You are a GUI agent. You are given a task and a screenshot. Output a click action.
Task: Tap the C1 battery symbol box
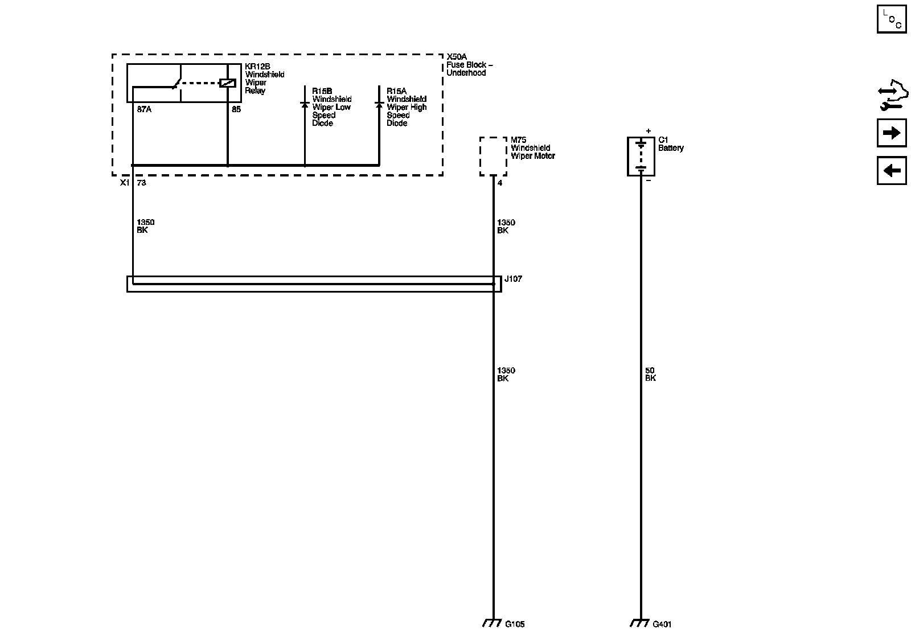point(641,156)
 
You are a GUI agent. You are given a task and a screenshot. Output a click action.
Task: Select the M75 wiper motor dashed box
point(493,156)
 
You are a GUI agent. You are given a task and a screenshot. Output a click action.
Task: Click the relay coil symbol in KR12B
point(228,83)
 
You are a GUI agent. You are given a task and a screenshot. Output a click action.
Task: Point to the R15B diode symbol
point(305,105)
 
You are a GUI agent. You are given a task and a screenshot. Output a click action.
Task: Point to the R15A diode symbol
point(379,105)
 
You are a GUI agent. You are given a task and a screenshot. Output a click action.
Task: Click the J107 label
point(513,279)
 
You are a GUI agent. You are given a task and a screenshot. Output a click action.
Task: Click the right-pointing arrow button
point(891,133)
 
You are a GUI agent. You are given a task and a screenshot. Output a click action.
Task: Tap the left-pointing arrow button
point(891,170)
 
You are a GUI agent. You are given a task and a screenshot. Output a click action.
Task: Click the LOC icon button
point(891,19)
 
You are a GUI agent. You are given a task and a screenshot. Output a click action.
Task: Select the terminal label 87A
point(144,109)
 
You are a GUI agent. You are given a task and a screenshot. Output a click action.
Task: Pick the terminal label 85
point(236,109)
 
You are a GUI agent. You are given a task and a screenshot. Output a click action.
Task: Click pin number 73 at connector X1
point(142,183)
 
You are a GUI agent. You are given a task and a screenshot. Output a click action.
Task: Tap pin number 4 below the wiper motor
point(500,183)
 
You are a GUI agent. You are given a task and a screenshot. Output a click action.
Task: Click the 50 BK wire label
point(650,374)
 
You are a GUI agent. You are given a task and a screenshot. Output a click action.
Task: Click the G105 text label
point(515,624)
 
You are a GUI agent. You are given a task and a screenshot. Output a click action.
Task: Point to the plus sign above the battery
point(648,131)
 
